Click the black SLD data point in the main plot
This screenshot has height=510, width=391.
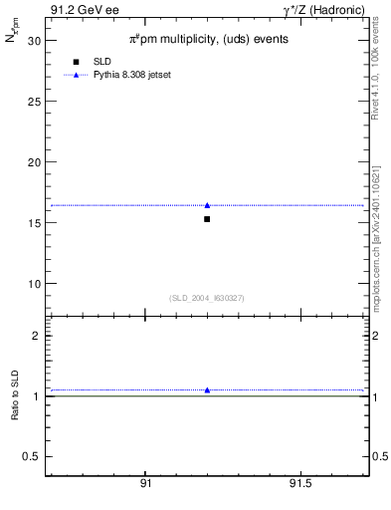[207, 218]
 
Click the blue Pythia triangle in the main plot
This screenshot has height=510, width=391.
[207, 205]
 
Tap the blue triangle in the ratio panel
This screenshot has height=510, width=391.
[207, 389]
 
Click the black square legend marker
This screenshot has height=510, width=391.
[76, 62]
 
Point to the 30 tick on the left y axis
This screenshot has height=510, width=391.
[34, 41]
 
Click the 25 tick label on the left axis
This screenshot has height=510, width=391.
[34, 102]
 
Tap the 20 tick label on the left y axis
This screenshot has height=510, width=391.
[34, 162]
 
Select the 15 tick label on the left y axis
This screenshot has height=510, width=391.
[34, 223]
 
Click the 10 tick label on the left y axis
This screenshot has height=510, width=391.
[34, 284]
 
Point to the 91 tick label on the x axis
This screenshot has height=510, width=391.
[145, 484]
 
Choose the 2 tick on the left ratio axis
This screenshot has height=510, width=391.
[37, 336]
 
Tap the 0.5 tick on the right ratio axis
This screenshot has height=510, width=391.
[380, 456]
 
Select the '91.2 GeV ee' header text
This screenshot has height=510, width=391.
[84, 10]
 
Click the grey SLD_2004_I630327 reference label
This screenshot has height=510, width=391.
[206, 298]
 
